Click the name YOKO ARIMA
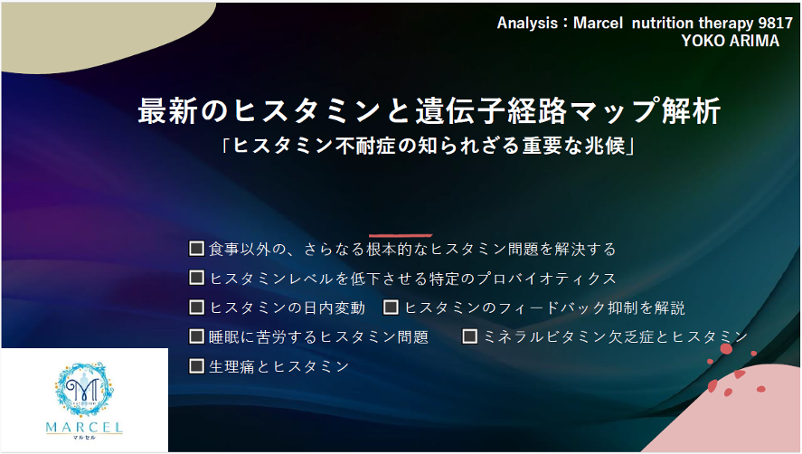coord(730,41)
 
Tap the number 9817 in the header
coord(776,23)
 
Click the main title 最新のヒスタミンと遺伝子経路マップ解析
coord(429,110)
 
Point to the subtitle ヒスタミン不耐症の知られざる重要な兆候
coord(429,147)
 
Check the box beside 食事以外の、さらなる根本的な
coord(196,249)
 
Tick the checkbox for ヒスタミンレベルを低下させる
coord(196,278)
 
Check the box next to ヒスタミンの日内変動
coord(196,307)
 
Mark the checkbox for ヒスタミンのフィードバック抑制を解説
coord(391,307)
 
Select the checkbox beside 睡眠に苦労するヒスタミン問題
coord(196,336)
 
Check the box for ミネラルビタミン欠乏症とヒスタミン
coord(469,336)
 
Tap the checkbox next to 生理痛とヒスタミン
coord(196,366)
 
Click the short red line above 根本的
coord(401,235)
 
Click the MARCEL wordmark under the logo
coord(84,427)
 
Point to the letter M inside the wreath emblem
coord(83,390)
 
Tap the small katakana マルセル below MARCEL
coord(84,437)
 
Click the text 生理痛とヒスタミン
coord(279,366)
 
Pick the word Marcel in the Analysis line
coord(598,23)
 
